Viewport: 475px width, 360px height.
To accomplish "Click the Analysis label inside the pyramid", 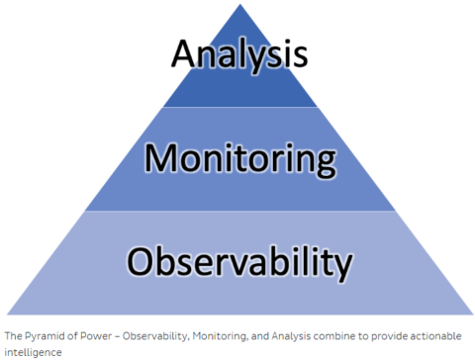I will click(238, 53).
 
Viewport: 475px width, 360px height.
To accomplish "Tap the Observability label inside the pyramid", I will click(238, 262).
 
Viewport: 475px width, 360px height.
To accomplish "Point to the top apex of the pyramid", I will click(238, 5).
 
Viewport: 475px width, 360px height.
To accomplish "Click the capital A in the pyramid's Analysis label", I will click(184, 52).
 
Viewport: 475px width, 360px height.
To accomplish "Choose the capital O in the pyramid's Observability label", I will click(141, 262).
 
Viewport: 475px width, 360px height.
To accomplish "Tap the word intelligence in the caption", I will click(33, 351).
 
